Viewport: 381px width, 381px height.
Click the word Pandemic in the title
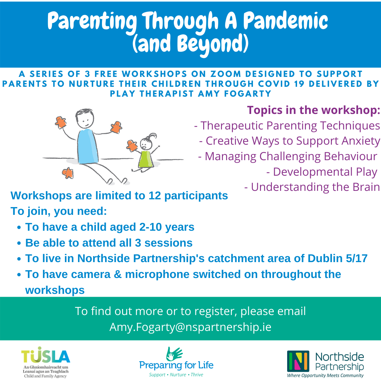coord(286,21)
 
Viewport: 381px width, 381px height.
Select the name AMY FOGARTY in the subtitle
coord(235,93)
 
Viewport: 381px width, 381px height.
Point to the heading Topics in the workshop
coord(314,110)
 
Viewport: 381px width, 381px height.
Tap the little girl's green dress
coord(146,159)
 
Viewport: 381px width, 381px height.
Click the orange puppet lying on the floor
coord(68,173)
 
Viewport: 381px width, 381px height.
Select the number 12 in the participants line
coord(155,195)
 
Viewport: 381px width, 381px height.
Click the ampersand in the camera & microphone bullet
coord(117,274)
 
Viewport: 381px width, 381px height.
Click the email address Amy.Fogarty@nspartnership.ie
coord(190,327)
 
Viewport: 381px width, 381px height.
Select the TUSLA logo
coord(46,362)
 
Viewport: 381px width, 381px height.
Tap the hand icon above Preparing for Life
coord(174,353)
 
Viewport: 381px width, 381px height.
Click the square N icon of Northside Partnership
coord(298,361)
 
